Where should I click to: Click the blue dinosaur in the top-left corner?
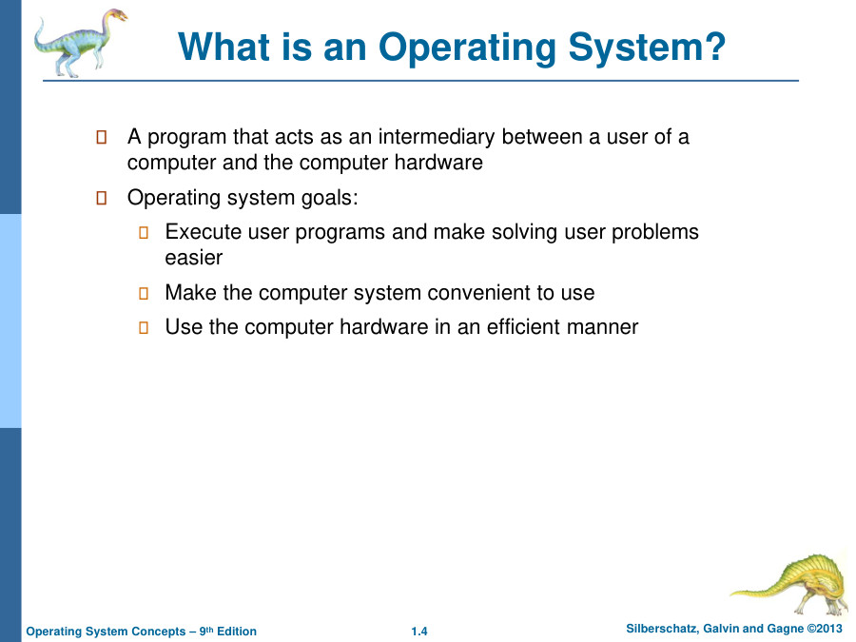(76, 42)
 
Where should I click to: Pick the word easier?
(193, 258)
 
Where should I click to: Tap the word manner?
(606, 327)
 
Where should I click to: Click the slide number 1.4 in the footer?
(419, 632)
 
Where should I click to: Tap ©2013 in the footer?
(824, 629)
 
